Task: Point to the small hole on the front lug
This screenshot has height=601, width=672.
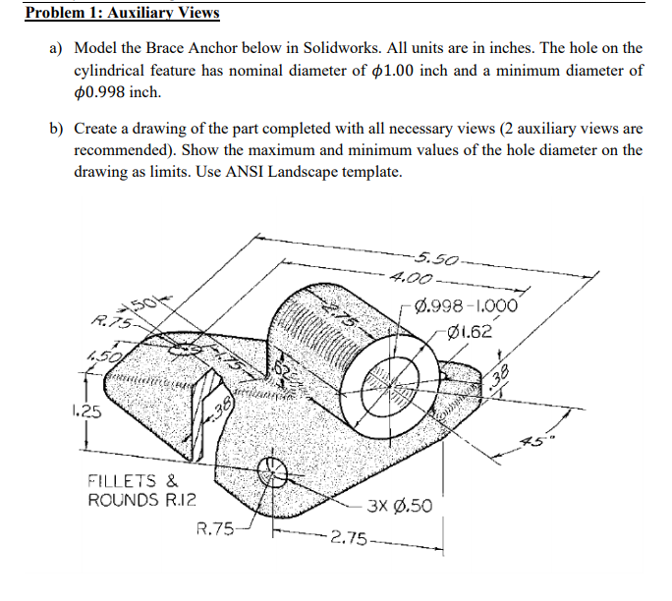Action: coord(273,476)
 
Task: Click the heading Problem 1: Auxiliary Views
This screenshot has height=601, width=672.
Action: coord(123,14)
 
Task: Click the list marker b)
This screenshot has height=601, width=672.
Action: coord(57,128)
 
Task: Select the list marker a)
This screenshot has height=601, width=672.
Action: coord(57,48)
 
